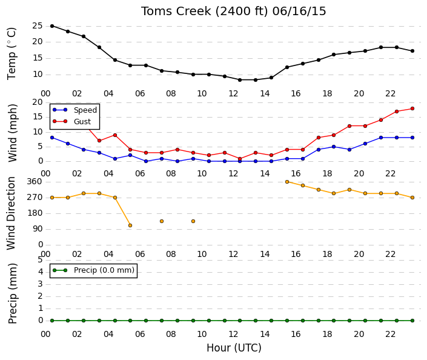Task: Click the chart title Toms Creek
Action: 176,11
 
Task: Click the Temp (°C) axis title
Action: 12,53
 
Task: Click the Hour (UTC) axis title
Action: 234,348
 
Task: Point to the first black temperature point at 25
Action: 52,26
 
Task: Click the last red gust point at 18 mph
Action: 412,108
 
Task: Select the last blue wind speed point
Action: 412,138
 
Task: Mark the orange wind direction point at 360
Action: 287,182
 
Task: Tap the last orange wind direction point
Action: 412,198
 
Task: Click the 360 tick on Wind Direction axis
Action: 35,182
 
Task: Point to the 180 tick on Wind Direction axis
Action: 35,213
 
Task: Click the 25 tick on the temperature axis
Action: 38,26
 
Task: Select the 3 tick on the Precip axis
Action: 41,284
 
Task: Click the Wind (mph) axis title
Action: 12,133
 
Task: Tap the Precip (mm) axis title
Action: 12,293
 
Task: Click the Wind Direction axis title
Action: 11,213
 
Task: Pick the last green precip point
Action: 412,321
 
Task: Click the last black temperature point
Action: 412,51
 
